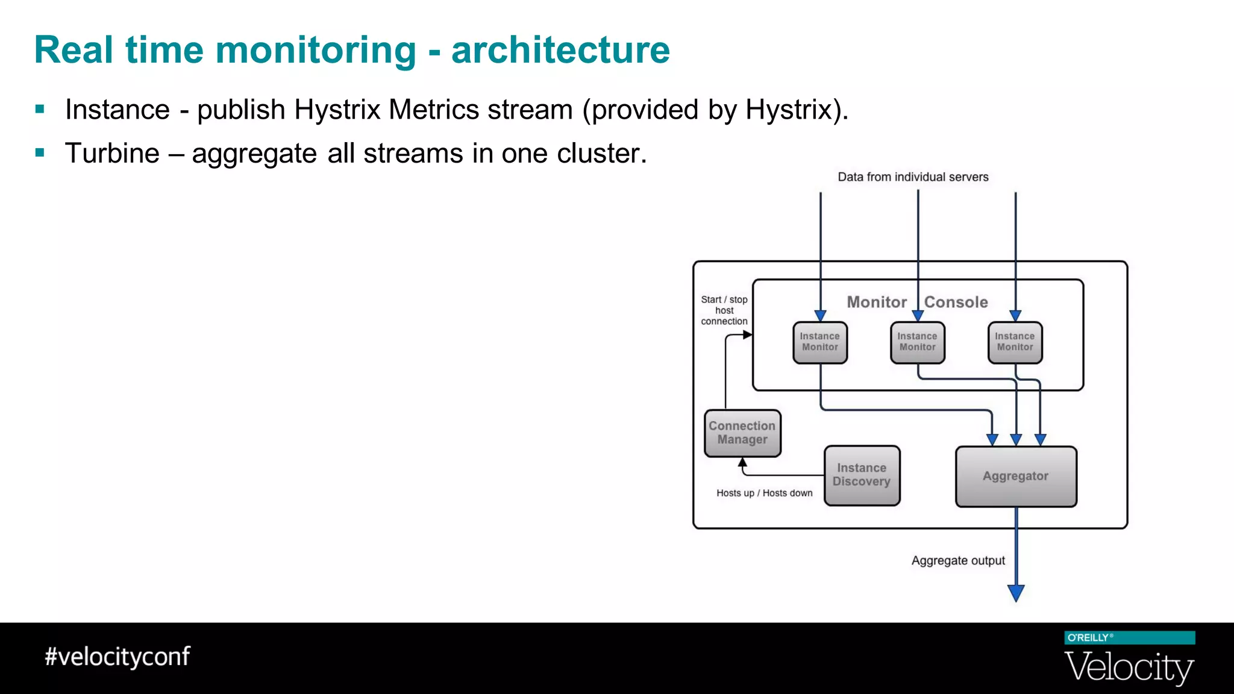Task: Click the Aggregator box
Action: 1016,477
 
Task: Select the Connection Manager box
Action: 742,433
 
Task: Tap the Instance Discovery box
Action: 862,475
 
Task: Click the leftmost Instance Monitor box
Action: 820,342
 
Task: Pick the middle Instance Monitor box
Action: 918,342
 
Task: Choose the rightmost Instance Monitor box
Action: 1015,342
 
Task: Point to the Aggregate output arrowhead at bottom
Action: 1016,593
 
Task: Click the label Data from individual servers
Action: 913,177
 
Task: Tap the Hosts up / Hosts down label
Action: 764,493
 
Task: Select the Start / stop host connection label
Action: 724,310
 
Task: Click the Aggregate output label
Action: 958,561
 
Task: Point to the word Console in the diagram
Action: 956,302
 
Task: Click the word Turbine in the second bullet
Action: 112,154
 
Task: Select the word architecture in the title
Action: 560,50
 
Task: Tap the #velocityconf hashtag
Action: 117,657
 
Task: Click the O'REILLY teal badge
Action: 1129,638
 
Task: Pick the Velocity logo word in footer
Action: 1129,667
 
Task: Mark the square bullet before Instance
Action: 40,110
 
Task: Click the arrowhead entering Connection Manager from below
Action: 742,463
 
